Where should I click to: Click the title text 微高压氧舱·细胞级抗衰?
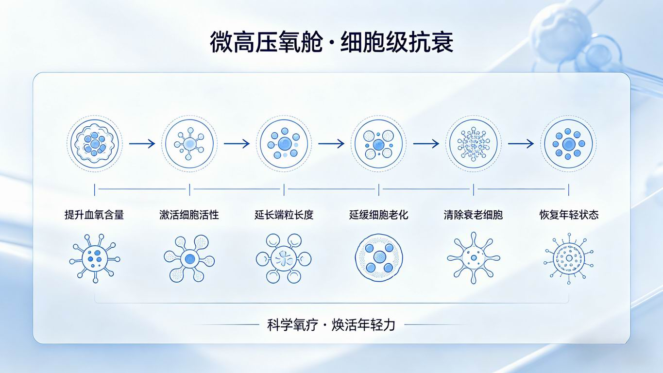point(331,43)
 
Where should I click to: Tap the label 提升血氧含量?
point(94,215)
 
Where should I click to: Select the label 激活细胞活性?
point(189,215)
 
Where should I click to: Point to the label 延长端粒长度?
point(284,215)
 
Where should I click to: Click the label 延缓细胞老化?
point(378,215)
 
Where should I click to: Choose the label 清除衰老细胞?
point(473,215)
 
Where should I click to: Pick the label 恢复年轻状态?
point(569,215)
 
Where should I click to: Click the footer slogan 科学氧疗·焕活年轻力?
point(331,325)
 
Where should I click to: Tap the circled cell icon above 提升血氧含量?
point(94,144)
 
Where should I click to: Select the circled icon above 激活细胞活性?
point(189,144)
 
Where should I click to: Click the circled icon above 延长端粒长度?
point(284,144)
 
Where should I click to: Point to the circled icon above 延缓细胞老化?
point(378,144)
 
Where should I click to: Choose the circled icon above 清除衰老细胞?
point(474,144)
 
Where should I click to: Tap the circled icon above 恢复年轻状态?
point(569,144)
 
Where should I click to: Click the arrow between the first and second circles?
point(142,144)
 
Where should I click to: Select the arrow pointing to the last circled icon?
point(521,144)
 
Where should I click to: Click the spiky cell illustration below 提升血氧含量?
point(95,259)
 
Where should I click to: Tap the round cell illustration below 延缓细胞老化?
point(379,257)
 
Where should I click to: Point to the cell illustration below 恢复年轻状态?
point(569,259)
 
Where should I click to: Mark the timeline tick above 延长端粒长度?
point(284,189)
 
